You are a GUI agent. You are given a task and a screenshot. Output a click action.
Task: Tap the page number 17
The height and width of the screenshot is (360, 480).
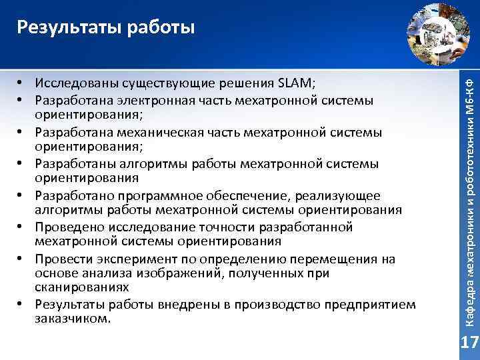[470, 343]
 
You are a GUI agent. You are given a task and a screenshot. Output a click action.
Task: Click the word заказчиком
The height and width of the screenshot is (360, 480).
[70, 318]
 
